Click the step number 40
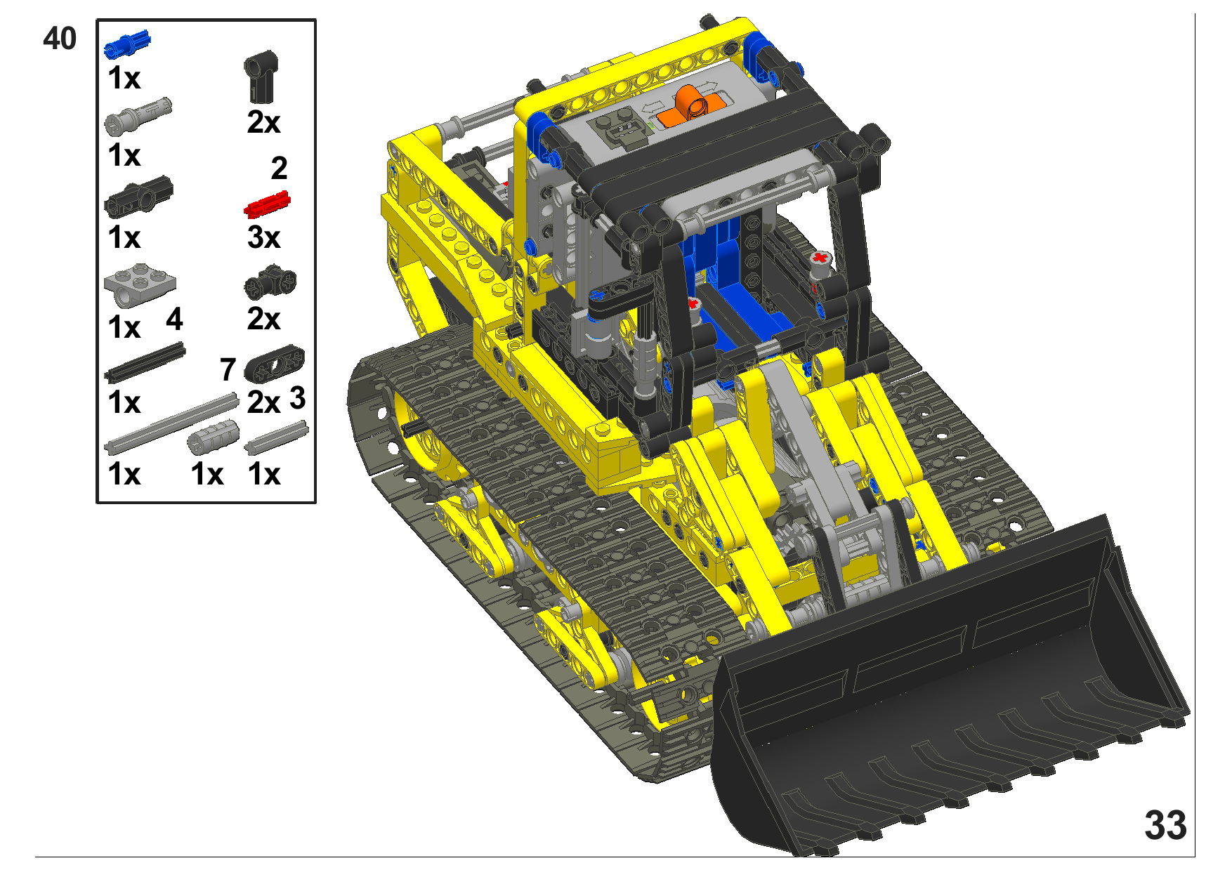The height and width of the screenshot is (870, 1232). (x=60, y=39)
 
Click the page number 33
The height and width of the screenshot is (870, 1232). (x=1165, y=825)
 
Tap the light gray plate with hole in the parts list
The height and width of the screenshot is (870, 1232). (x=140, y=285)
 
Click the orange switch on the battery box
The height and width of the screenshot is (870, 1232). (x=691, y=104)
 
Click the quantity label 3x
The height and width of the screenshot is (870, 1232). (x=263, y=237)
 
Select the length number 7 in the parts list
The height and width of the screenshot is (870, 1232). (x=228, y=370)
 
